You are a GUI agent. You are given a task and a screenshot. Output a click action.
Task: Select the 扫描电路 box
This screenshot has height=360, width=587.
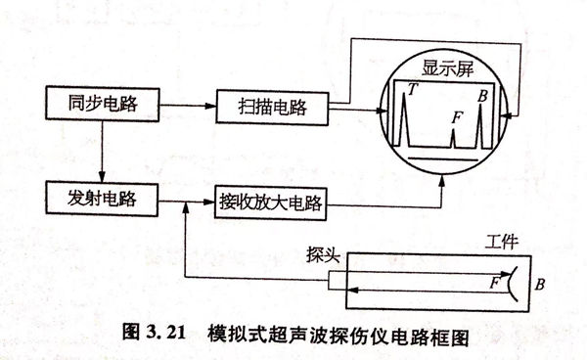tap(272, 106)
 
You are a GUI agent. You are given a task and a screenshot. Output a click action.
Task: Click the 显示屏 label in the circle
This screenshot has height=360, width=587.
tap(449, 70)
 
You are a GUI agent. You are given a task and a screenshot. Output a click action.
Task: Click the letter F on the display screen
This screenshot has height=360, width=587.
tap(456, 116)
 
